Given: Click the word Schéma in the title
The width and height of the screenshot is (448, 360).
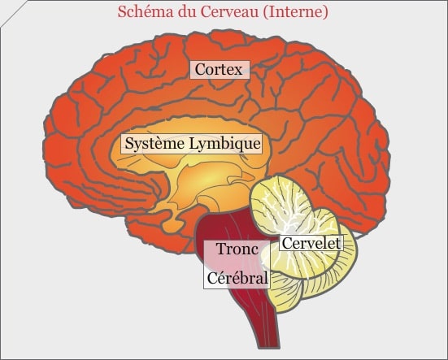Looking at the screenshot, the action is coord(146,12).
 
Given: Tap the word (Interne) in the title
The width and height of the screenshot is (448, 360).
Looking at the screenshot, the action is coord(295,12).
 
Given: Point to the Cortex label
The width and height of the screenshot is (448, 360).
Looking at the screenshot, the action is coord(220,69).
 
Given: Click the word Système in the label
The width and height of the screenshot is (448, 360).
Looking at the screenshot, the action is coord(154,143).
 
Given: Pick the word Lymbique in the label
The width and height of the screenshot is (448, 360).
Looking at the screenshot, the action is coord(225,144).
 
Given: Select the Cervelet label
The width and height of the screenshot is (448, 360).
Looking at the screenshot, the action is coord(311,243).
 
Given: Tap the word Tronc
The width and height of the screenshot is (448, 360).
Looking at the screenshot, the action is coord(237,249).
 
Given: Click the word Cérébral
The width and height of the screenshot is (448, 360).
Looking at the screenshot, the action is coord(237,277).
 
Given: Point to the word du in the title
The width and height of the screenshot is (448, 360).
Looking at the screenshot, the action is coord(186,12).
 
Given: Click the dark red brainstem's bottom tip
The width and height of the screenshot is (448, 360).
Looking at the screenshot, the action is coord(269,347).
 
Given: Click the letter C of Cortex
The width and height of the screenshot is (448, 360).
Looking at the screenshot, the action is coord(200,69).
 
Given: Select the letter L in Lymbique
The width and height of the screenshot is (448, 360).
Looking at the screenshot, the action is coord(194,143).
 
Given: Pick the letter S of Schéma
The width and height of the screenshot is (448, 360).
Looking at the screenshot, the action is coord(122,12).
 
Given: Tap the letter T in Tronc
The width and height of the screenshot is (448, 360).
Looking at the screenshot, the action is coord(221,249).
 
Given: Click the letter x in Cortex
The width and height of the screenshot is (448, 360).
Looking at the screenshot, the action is coord(238,71).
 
